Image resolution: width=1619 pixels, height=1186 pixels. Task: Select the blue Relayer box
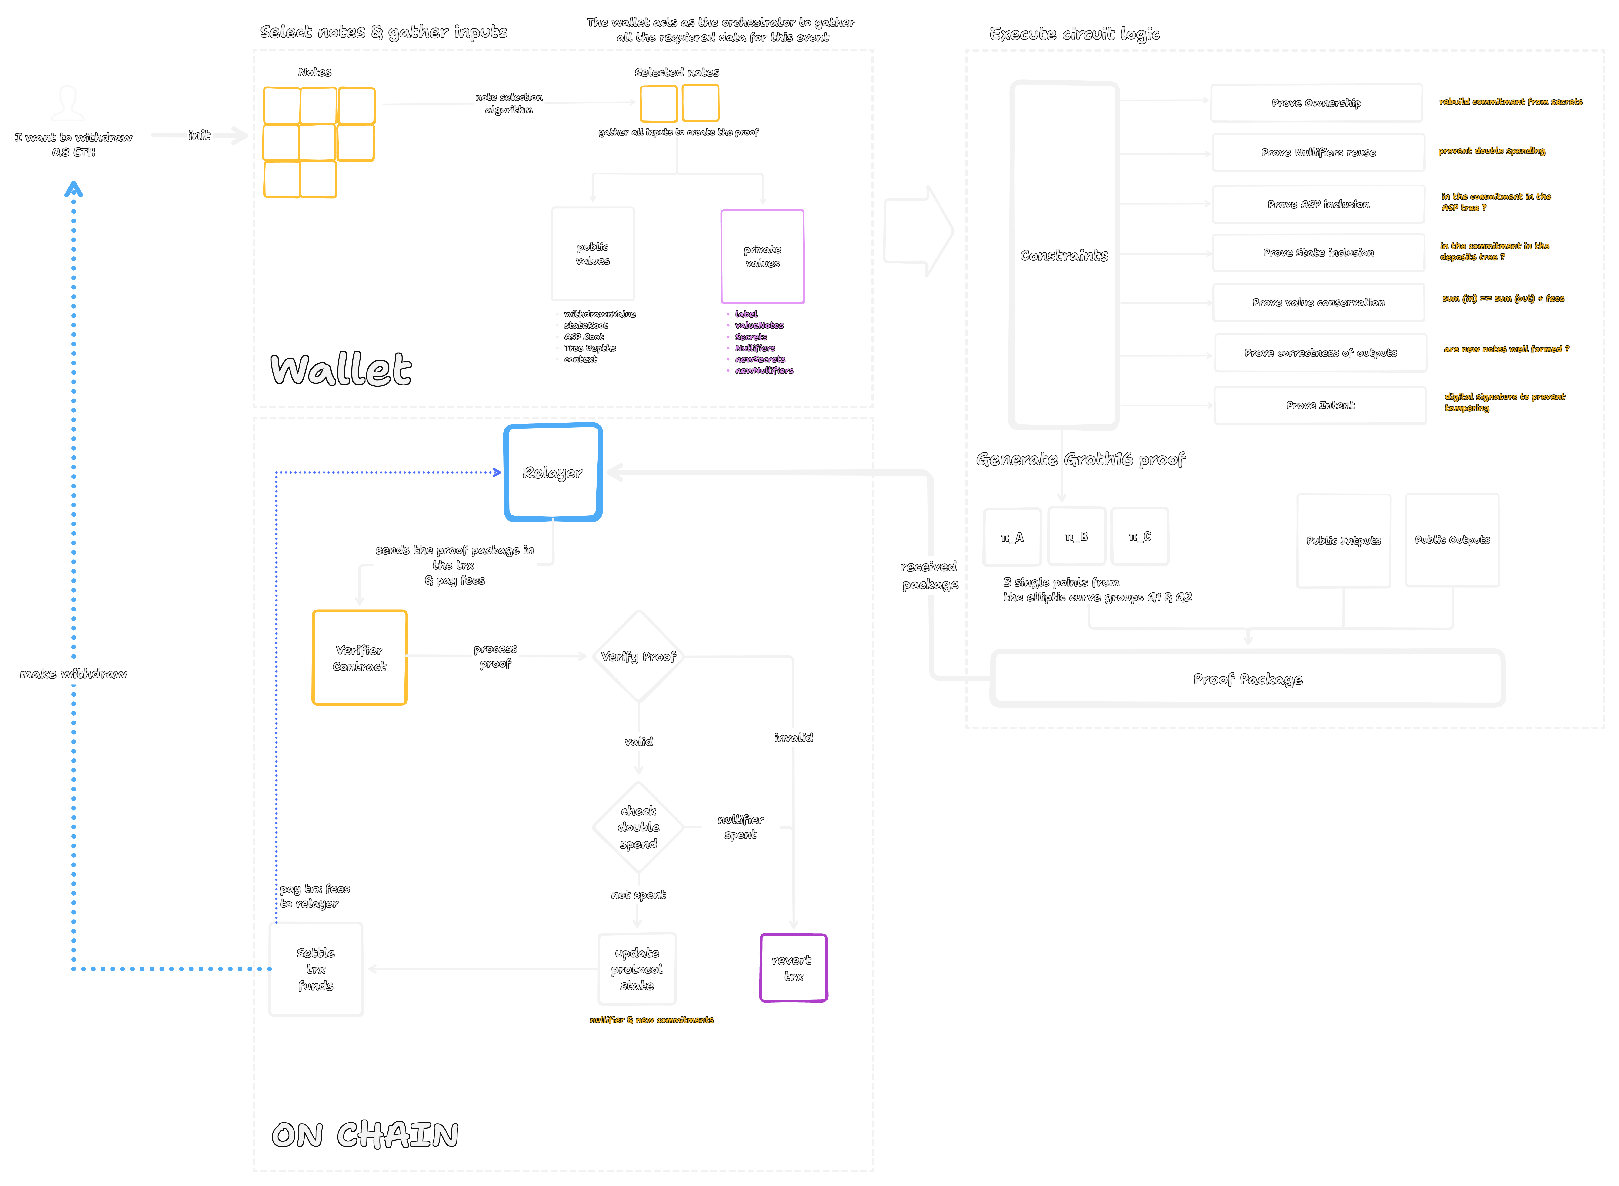(553, 472)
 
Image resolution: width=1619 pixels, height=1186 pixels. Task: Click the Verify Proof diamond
(638, 656)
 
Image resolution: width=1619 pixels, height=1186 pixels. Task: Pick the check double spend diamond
(638, 827)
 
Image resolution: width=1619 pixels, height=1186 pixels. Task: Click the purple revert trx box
(793, 968)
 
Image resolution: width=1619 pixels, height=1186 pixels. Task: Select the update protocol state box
(637, 969)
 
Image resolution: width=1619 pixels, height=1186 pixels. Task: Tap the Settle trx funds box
(316, 969)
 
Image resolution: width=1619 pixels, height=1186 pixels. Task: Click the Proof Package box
(1248, 678)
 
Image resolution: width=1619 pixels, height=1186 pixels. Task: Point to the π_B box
(1076, 536)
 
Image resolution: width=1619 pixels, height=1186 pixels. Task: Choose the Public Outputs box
(1452, 540)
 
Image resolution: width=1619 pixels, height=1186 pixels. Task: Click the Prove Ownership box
(1316, 103)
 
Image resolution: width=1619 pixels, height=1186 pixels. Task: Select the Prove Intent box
(1320, 405)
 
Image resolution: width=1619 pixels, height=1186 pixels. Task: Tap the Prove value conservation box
(1318, 302)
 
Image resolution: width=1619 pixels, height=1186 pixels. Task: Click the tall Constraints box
(1064, 255)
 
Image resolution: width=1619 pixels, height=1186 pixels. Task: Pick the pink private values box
(762, 256)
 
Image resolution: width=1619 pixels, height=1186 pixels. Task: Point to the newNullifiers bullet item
(764, 370)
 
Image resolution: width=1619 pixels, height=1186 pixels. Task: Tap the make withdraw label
(73, 673)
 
